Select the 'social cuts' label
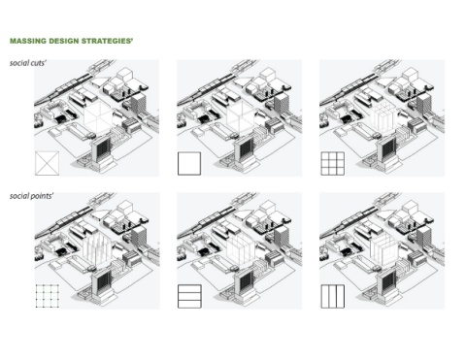click(28, 63)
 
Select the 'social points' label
click(31, 196)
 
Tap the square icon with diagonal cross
click(47, 163)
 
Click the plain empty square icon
click(189, 164)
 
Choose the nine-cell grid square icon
click(333, 164)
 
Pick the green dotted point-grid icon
click(48, 296)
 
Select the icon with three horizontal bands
click(189, 296)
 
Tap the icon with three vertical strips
click(333, 296)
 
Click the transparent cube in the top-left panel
click(98, 116)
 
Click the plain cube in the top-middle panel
click(241, 116)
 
